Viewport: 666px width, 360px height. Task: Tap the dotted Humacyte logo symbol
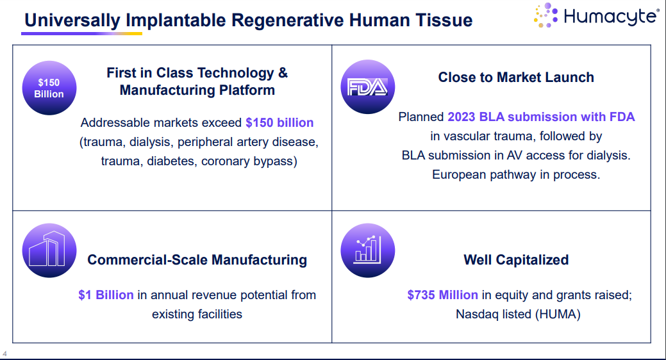pos(545,15)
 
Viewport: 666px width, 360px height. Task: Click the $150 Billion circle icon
pos(49,88)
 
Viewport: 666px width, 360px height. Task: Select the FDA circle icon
pos(368,87)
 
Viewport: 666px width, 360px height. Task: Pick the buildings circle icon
pos(49,250)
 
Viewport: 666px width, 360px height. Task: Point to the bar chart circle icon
pos(368,250)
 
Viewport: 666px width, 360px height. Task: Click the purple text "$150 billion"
pos(279,123)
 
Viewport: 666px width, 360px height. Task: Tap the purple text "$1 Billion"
pos(106,295)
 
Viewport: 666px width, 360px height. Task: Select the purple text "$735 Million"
pos(442,295)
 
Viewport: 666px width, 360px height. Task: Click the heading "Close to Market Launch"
pos(516,78)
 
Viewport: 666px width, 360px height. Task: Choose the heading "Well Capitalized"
pos(516,260)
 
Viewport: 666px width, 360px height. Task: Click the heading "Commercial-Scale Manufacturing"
pos(197,260)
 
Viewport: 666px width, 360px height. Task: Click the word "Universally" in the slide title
pos(72,20)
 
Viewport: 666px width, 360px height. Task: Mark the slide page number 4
pos(4,354)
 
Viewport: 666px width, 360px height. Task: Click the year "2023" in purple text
pos(462,117)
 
